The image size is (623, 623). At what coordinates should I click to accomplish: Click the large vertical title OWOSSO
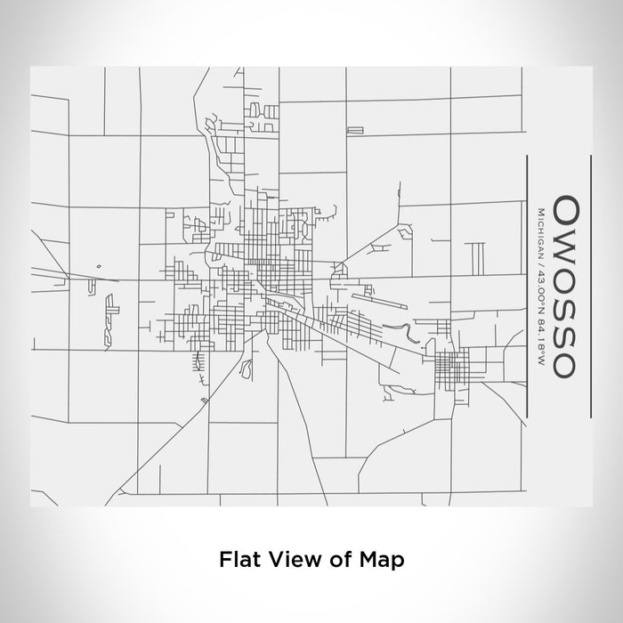coord(566,287)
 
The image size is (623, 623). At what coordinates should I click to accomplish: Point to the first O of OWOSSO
coord(566,211)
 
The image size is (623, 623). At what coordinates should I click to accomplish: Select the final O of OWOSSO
coord(566,363)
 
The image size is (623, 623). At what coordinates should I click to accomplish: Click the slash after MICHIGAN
coord(540,260)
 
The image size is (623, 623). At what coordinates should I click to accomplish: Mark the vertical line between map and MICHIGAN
coord(528,287)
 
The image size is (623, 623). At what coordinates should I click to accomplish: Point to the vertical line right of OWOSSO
coord(591,287)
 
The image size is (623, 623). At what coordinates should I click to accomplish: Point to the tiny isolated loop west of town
coord(99,264)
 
